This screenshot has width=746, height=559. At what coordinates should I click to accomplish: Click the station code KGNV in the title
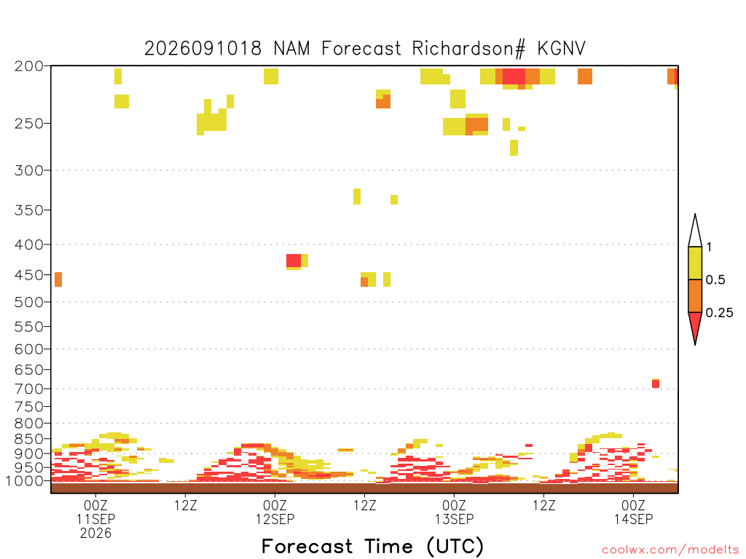click(562, 49)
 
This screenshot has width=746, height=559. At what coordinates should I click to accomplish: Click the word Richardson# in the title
click(468, 49)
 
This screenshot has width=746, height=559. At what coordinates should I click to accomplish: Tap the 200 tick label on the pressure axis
click(29, 66)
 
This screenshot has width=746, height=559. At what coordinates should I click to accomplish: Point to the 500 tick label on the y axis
click(29, 302)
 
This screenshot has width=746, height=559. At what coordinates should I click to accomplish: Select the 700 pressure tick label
click(29, 389)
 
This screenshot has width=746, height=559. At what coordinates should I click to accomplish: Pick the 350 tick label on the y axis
click(29, 210)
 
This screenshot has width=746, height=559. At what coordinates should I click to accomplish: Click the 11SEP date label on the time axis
click(95, 519)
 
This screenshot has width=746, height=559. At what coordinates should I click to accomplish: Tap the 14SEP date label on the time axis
click(633, 519)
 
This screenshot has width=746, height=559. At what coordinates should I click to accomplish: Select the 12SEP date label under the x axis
click(275, 519)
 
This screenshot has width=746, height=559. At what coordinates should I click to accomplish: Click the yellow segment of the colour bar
click(695, 263)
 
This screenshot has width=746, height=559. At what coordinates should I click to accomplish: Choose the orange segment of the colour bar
click(695, 296)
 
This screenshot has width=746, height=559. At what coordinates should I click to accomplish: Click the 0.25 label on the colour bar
click(719, 313)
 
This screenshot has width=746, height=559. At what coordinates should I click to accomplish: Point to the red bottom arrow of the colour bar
click(695, 326)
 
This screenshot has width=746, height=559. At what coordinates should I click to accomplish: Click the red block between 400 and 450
click(294, 261)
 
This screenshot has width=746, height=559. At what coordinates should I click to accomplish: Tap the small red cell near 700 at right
click(656, 384)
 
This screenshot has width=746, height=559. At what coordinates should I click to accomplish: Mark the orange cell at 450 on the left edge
click(58, 279)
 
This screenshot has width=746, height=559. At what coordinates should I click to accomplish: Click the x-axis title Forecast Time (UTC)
click(372, 547)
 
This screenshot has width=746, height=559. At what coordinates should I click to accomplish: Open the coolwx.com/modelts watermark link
click(670, 550)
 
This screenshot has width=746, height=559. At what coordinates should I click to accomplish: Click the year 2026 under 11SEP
click(95, 534)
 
